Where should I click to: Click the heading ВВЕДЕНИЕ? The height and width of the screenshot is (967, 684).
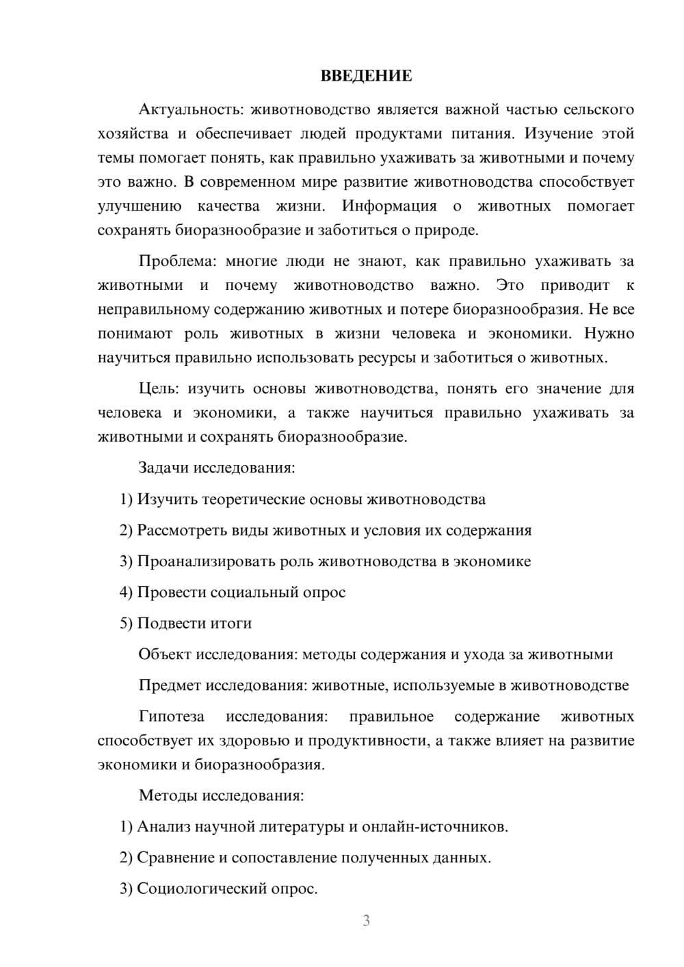pos(366,75)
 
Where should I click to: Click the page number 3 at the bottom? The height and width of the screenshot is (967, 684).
pos(366,920)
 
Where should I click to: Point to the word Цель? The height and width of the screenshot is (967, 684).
pos(158,388)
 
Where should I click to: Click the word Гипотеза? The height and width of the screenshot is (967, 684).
pos(171,717)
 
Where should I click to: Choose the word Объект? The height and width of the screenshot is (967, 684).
pos(165,654)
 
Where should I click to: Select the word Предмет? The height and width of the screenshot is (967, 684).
pos(170,685)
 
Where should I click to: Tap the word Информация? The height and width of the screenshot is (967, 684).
pos(389,206)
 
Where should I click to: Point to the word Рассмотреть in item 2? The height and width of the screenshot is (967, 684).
pos(180,531)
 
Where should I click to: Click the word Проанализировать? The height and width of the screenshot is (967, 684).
pos(206,561)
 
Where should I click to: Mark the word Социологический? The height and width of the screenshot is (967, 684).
pos(205,889)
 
